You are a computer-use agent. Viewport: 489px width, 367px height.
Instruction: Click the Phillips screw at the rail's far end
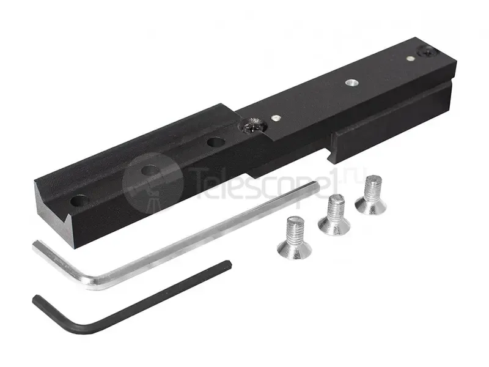[425, 51]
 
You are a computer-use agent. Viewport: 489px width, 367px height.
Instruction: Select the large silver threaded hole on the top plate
[351, 83]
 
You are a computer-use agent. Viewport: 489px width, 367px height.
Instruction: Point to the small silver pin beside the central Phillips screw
[276, 117]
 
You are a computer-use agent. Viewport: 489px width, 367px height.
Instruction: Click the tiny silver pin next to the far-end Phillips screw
[410, 58]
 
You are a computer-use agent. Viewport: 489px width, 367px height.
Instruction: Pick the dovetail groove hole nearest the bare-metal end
[79, 200]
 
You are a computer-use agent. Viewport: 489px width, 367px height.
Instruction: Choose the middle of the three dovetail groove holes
[150, 171]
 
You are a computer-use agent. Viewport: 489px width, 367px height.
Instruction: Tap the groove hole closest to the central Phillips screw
[216, 143]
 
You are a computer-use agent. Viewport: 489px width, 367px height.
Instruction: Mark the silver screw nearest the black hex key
[295, 238]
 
